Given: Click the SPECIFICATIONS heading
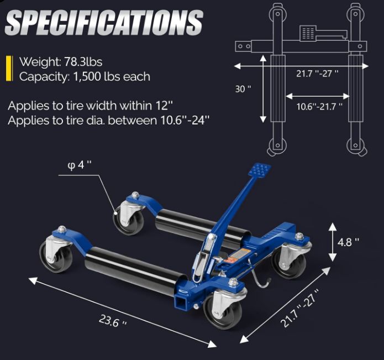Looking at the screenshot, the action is point(104,23).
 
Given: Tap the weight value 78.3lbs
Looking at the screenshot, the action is point(83,62).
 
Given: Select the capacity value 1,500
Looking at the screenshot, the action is point(87,77).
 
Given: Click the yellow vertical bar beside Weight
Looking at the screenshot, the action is point(9,69).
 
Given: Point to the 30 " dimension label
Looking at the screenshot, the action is point(243,88).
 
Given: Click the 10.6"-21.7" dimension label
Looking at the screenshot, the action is point(319,106).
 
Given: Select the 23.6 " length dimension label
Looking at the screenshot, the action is point(113,321).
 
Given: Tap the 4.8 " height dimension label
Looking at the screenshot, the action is point(348,242).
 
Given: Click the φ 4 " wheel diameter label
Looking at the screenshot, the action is point(79,165).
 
